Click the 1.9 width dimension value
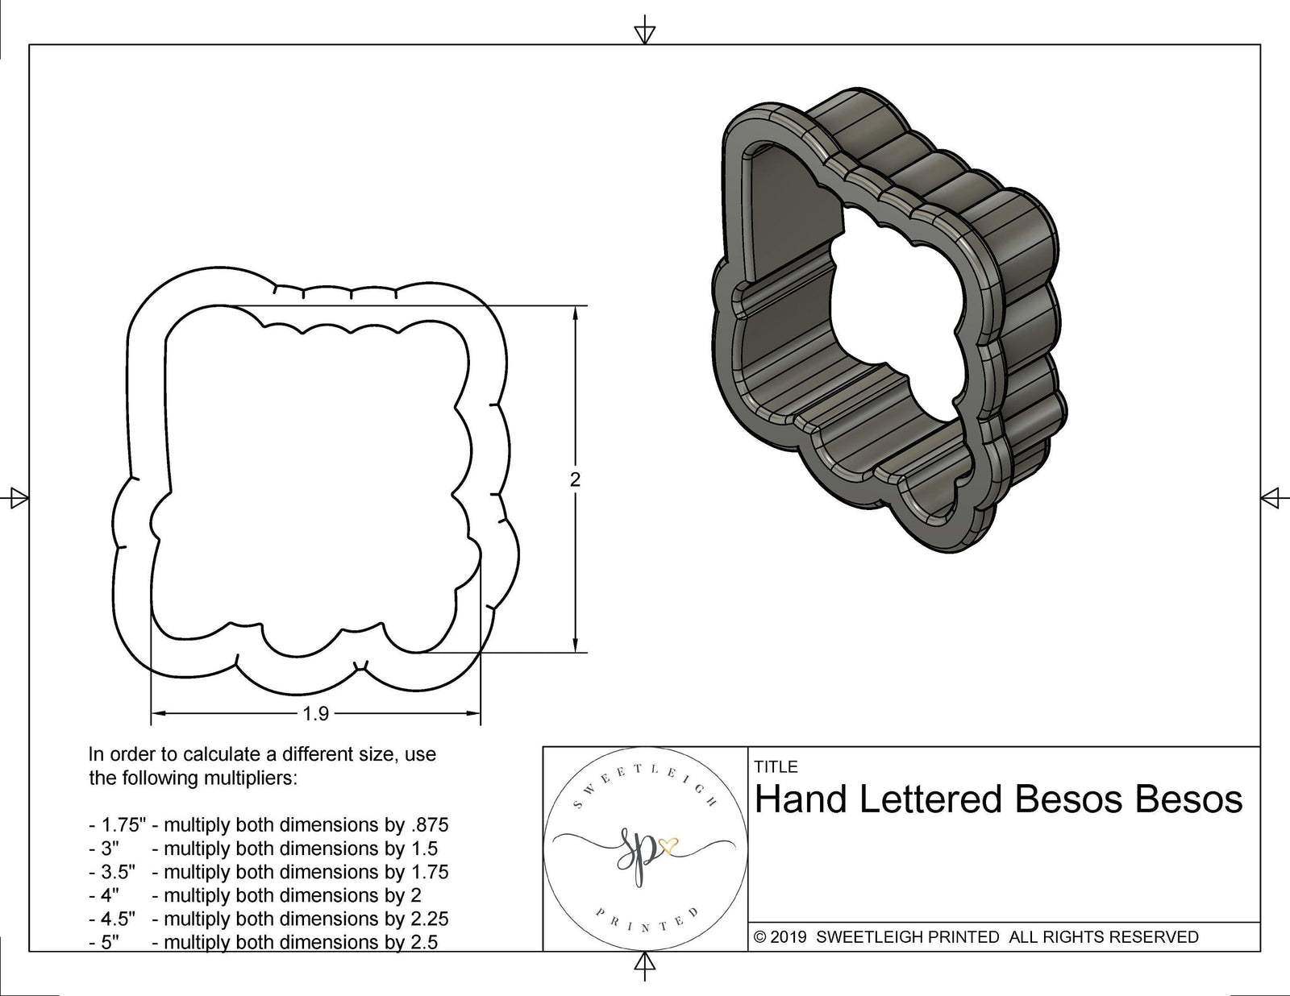point(315,714)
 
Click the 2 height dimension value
point(575,479)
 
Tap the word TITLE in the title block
point(776,767)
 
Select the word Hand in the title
point(801,799)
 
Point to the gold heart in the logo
point(668,845)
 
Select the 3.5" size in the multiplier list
point(118,872)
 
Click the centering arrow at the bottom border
point(644,963)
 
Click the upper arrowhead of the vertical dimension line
point(575,313)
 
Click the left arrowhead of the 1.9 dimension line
point(158,713)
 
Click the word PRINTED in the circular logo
point(645,927)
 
